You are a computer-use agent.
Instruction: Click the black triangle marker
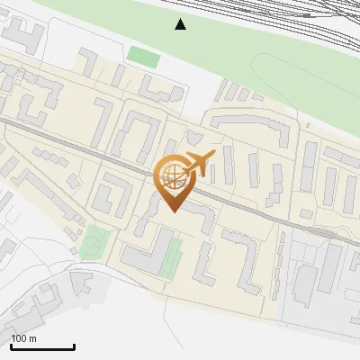[x=181, y=24]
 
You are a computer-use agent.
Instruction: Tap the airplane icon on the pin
[x=197, y=164]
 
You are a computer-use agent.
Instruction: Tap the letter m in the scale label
[x=33, y=338]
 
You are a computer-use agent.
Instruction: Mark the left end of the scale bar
[x=11, y=346]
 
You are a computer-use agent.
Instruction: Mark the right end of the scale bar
[x=74, y=346]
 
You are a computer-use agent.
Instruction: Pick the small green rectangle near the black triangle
[x=143, y=57]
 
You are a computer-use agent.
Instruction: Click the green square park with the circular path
[x=95, y=242]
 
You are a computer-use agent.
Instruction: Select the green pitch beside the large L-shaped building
[x=172, y=256]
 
